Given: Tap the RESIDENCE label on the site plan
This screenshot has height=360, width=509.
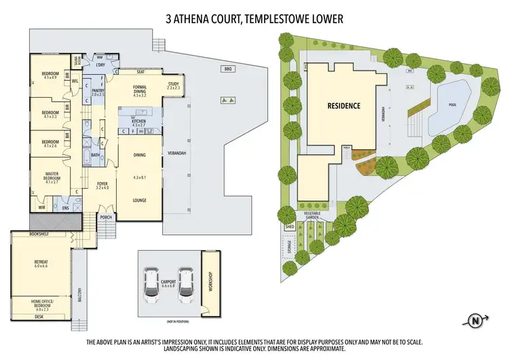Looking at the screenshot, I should point(343,106).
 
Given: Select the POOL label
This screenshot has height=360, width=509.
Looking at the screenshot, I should point(452,105).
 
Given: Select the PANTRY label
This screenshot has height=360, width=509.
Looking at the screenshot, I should point(97,92).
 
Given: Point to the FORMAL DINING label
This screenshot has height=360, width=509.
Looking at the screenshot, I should point(140,92).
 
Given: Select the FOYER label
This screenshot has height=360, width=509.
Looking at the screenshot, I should point(102,185).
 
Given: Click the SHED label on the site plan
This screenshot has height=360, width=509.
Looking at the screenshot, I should point(288,228).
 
